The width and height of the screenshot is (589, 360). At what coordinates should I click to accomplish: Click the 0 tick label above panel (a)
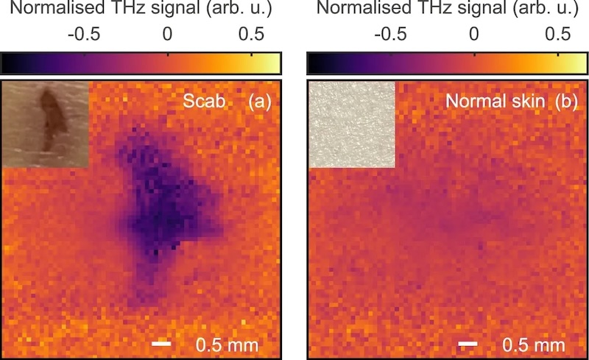pos(168,35)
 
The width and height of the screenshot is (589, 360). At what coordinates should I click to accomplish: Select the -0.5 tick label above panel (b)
pos(389,35)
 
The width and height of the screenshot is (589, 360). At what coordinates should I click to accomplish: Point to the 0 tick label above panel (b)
pos(473,35)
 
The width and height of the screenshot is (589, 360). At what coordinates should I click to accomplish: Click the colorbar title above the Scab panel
pos(141,10)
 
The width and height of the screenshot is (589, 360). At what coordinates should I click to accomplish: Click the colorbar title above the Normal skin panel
pos(446,10)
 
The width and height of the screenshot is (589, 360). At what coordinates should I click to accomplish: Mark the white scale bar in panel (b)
pos(467,343)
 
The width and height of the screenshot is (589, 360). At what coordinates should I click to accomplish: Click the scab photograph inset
pos(46,123)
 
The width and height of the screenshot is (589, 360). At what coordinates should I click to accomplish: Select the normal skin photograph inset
pos(351,123)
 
